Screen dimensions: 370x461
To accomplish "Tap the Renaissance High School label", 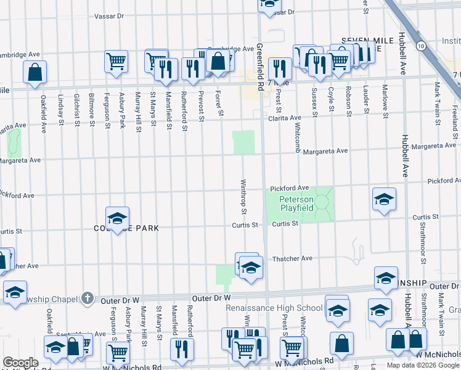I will click(x=274, y=308).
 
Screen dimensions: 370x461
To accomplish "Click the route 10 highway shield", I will click(x=420, y=46).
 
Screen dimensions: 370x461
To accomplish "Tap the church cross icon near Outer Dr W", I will click(x=88, y=298).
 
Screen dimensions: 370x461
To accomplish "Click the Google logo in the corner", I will click(x=20, y=363).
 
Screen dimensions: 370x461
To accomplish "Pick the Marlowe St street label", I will click(x=385, y=101).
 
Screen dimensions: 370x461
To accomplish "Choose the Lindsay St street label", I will click(x=60, y=110).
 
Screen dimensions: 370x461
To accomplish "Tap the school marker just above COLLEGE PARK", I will click(x=117, y=218).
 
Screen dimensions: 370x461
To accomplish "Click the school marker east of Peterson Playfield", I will click(x=384, y=199).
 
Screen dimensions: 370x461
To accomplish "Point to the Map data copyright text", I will click(x=423, y=365).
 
